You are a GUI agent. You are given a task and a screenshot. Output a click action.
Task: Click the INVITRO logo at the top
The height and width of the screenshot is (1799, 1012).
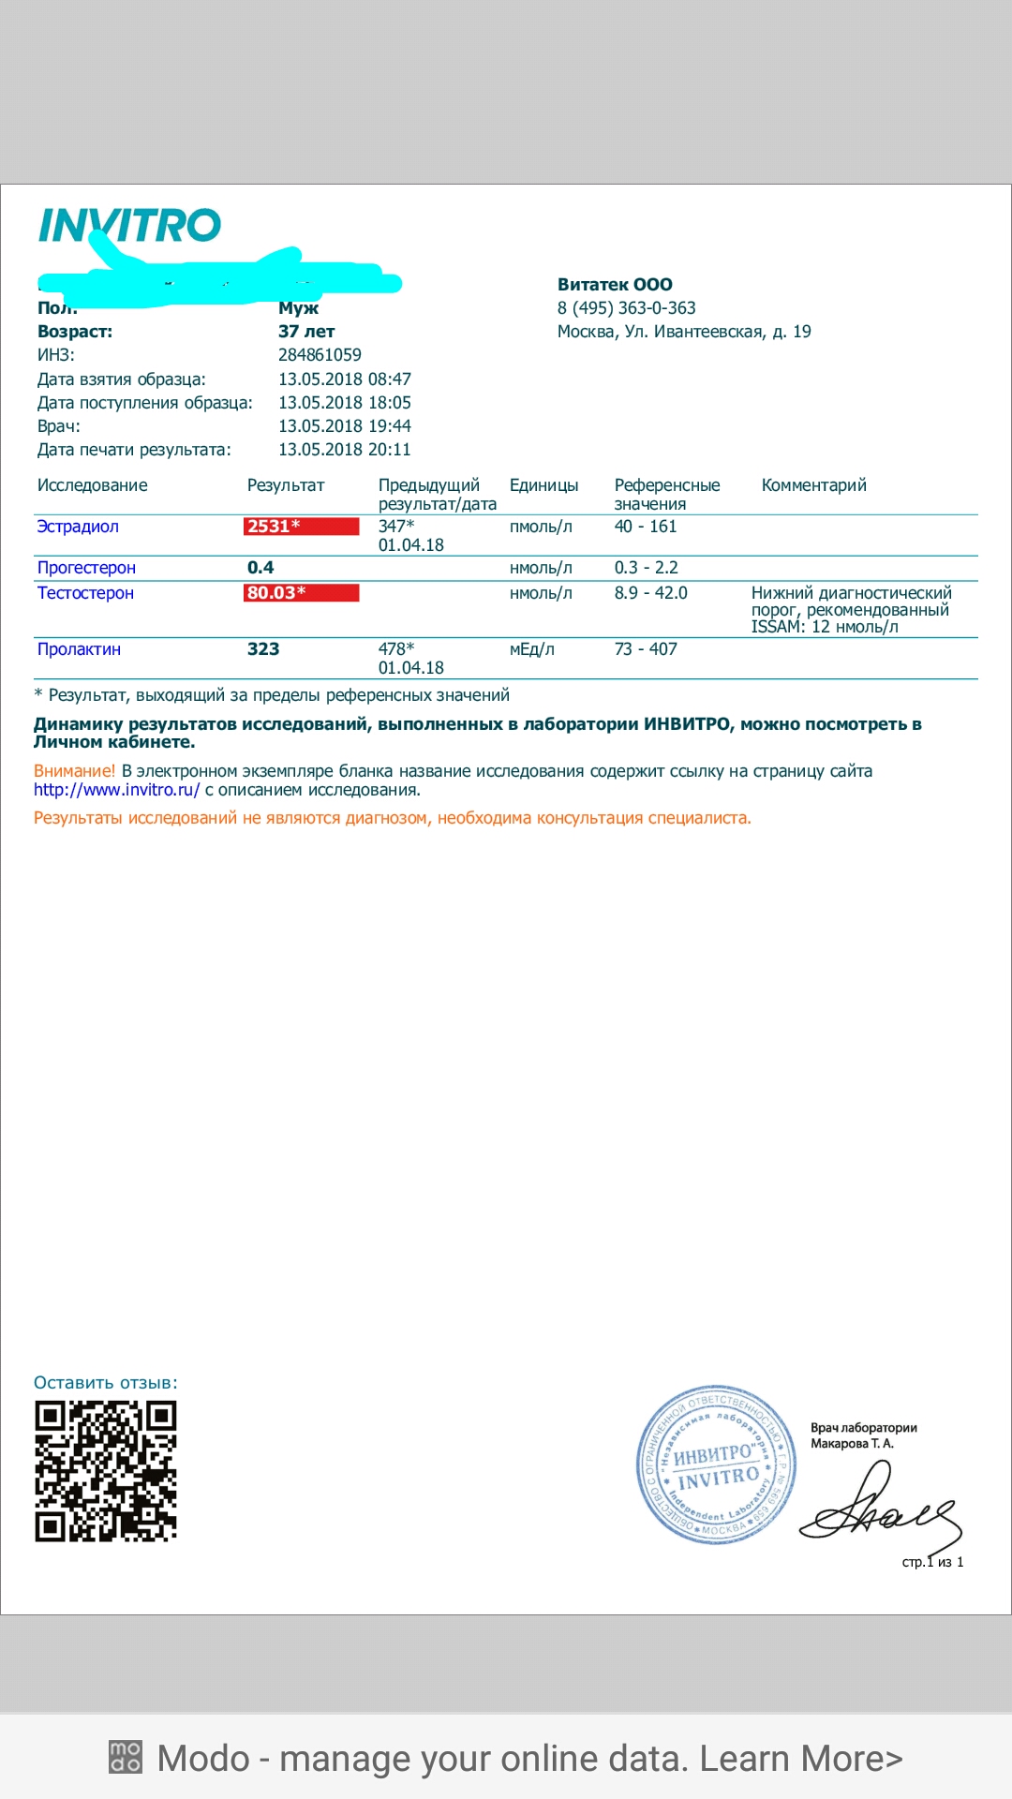(129, 226)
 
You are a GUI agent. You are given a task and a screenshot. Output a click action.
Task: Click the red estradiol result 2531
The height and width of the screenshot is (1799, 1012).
(273, 527)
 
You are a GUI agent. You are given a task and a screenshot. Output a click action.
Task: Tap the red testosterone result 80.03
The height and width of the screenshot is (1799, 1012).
(275, 593)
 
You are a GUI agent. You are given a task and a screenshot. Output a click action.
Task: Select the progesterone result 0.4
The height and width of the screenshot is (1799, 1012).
(260, 568)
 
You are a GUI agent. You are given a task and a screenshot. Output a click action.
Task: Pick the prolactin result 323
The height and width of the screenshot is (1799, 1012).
(263, 649)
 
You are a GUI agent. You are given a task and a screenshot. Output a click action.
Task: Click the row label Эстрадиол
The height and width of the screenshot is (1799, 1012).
(78, 527)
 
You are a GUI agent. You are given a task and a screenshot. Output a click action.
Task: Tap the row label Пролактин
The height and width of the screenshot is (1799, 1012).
(79, 649)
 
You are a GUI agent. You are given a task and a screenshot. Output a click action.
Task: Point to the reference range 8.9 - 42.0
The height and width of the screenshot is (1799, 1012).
(650, 593)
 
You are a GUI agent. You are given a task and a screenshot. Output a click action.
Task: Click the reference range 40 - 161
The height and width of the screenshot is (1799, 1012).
(645, 527)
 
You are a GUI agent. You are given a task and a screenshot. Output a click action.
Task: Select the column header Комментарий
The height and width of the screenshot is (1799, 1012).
(813, 485)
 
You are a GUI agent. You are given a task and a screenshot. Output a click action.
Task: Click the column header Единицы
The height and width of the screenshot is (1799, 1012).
(543, 485)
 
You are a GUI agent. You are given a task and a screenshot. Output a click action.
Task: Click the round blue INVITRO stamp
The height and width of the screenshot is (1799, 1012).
(716, 1464)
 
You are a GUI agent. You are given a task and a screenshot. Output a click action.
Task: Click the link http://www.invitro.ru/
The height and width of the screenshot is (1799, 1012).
(116, 790)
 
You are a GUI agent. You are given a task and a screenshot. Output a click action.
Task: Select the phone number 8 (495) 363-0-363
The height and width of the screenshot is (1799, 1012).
(626, 308)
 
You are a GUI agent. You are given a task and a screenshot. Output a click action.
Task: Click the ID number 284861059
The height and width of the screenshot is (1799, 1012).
(320, 355)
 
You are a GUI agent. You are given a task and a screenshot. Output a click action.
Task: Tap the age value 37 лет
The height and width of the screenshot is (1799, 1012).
(306, 332)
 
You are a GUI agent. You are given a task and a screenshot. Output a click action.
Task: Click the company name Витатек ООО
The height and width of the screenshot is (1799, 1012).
(615, 285)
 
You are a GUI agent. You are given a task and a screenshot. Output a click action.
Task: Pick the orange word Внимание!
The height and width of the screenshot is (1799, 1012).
(74, 771)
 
